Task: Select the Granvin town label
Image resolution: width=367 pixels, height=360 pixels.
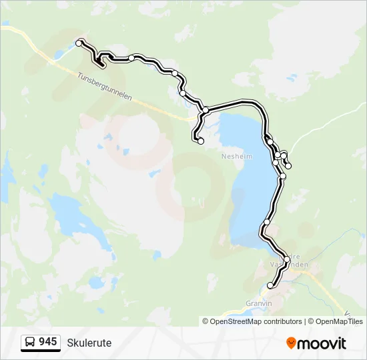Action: pos(260,303)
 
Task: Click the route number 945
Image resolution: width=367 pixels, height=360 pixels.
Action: pos(47,342)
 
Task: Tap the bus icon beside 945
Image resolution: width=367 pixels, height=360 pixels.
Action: pos(30,343)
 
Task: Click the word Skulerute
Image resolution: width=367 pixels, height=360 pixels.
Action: pos(89,343)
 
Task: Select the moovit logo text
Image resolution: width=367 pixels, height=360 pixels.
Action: pos(322,343)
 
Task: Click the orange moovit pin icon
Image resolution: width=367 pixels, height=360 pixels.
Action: pos(291,343)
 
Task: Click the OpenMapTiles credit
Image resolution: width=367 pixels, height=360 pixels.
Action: pos(337,321)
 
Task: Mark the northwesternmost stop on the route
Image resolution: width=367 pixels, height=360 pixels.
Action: pos(79,43)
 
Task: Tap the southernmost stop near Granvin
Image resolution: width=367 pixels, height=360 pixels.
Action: pos(270,286)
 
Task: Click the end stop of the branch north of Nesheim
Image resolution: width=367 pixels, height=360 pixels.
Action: pos(200,141)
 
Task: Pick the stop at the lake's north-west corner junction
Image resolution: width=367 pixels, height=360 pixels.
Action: pos(206,110)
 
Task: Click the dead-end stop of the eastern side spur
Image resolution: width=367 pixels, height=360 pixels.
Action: pos(288,165)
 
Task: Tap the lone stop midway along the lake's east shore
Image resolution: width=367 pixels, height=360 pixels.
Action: pos(267,222)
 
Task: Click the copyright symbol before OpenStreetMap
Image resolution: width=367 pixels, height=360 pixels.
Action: pos(206,321)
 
